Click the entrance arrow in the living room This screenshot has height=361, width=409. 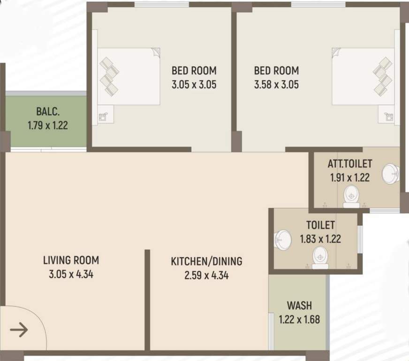tap(19, 330)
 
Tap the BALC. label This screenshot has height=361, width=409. tap(47, 112)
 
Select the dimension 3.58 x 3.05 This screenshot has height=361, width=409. tap(276, 85)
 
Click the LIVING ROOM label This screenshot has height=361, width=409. tap(71, 260)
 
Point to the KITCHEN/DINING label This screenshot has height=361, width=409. tap(206, 261)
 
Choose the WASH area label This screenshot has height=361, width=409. tap(299, 306)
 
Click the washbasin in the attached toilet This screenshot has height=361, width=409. tap(390, 174)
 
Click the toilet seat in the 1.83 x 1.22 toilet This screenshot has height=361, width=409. tap(320, 258)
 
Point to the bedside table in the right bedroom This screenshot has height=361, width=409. tap(387, 115)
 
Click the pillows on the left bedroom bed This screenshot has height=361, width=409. tap(109, 76)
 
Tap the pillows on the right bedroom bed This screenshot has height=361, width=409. tap(382, 76)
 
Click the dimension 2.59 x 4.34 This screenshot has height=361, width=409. tap(206, 275)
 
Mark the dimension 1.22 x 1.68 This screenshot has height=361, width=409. tap(299, 320)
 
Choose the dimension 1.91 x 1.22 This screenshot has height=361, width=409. tap(349, 178)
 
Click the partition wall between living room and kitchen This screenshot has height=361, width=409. tap(147, 301)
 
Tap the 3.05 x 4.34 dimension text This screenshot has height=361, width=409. tap(71, 274)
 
